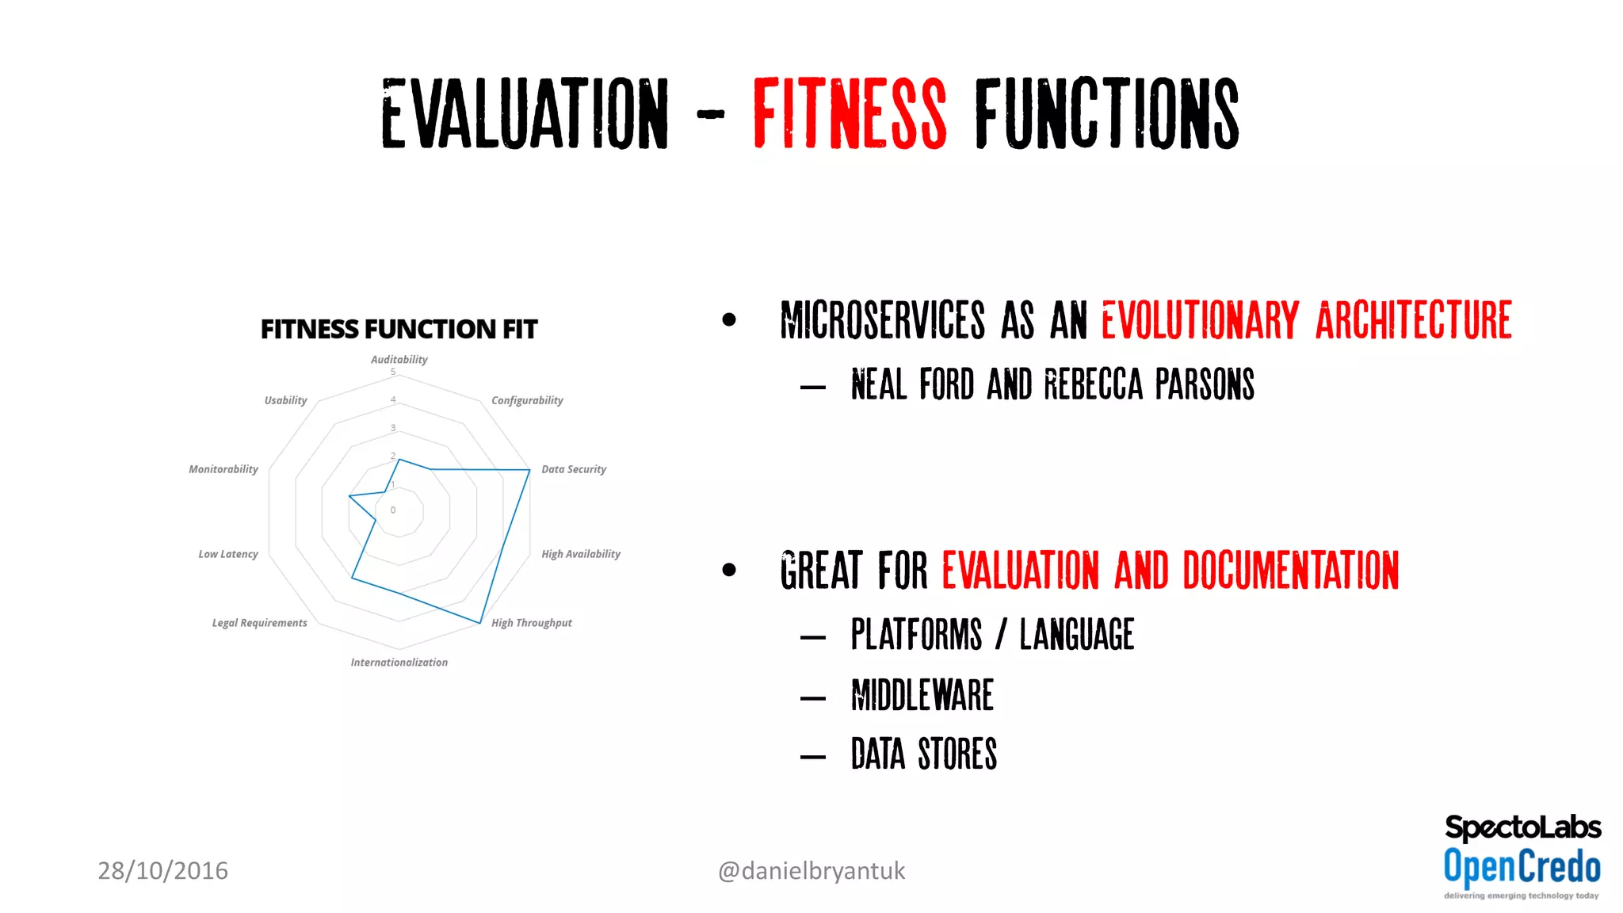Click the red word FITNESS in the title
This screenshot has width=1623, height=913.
pos(849,113)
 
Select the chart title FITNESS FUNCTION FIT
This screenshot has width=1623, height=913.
pos(399,329)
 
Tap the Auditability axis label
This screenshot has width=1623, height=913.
pos(399,360)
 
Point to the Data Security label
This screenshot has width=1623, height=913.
pos(573,469)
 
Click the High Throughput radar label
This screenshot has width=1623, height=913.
pos(531,623)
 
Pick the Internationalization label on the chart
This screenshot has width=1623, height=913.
pos(399,663)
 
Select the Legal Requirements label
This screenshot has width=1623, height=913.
pos(259,623)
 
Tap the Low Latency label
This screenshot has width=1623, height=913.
pos(227,554)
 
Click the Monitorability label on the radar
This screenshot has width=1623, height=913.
pos(223,469)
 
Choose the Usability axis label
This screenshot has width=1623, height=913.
pos(285,400)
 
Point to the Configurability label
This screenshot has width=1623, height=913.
pos(527,400)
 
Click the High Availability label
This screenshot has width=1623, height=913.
pos(580,554)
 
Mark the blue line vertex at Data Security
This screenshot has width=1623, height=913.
pos(529,470)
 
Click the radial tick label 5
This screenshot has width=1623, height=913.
pos(393,372)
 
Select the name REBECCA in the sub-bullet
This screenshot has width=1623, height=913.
pos(1093,385)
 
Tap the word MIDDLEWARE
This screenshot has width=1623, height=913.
pos(922,695)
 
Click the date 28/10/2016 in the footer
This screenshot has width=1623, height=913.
pos(162,870)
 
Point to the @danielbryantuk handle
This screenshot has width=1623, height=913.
pos(811,870)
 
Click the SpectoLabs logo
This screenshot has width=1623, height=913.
pos(1522,827)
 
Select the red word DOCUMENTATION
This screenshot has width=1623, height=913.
pos(1290,571)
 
